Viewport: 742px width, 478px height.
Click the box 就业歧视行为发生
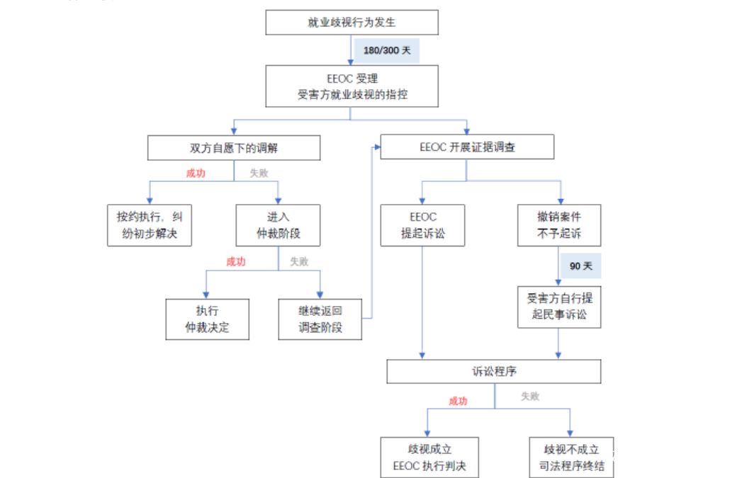[x=352, y=22]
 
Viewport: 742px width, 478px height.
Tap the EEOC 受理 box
[x=352, y=86]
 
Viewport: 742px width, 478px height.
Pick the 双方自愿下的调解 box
[x=234, y=148]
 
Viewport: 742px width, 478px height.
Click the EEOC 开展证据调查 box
[x=467, y=147]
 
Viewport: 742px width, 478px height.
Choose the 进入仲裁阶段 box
[x=278, y=225]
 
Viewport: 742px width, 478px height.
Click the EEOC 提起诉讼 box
[x=422, y=225]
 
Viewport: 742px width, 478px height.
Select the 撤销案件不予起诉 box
[x=559, y=225]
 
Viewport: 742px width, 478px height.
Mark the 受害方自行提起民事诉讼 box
[x=559, y=307]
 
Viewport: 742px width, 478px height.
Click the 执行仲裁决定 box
[x=207, y=319]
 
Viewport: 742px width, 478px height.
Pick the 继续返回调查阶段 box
[x=320, y=319]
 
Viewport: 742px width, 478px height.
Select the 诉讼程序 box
[x=494, y=371]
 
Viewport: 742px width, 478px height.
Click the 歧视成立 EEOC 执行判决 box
[x=429, y=457]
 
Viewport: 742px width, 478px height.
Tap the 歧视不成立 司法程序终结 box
[x=571, y=457]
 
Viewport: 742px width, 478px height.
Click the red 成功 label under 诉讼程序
[x=458, y=401]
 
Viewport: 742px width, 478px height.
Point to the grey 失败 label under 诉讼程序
[x=530, y=397]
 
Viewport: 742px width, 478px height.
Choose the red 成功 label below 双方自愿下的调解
[x=196, y=173]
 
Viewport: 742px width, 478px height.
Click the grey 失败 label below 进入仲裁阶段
[x=299, y=261]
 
